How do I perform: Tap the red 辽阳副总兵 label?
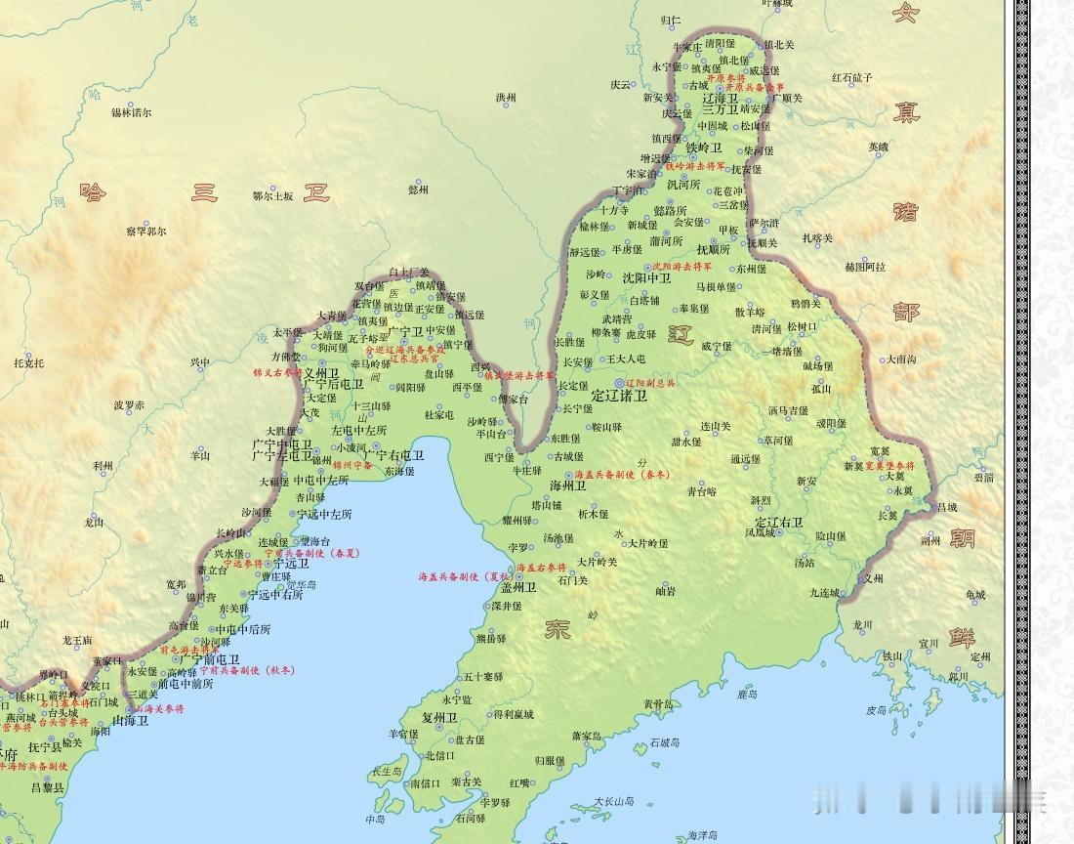click(650, 384)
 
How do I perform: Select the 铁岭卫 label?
click(703, 148)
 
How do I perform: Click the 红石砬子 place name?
click(852, 77)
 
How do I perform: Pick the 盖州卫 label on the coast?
click(518, 587)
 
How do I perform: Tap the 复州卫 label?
click(438, 717)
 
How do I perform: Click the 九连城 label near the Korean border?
click(824, 592)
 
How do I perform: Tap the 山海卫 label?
click(131, 721)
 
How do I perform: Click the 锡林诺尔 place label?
click(132, 112)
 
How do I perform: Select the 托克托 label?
click(29, 362)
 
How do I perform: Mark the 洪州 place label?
click(505, 98)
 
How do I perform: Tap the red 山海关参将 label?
click(157, 708)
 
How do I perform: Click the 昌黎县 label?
click(47, 787)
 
